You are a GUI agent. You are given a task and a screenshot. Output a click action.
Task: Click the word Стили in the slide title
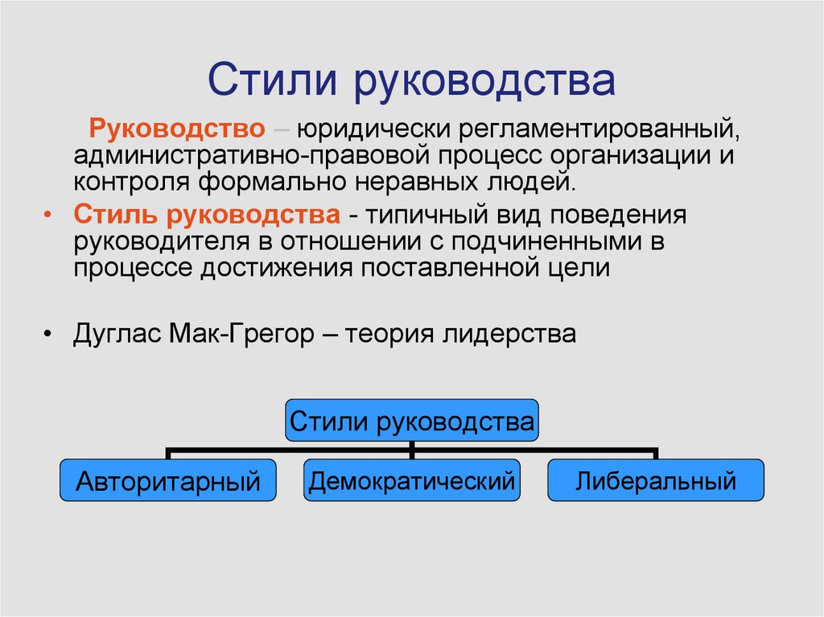coord(272,80)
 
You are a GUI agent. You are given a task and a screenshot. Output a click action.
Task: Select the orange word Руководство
coord(177,129)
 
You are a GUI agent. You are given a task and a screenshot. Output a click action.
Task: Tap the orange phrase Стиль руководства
coord(207,215)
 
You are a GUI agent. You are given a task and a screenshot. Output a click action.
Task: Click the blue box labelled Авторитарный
coord(167,480)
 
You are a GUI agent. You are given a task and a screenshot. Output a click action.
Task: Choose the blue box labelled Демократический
coord(412,480)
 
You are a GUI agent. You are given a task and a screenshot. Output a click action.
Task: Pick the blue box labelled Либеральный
coord(656,480)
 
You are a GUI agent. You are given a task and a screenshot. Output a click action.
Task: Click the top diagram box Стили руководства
coord(412,421)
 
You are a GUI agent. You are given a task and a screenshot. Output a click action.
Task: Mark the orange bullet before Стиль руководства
coord(47,215)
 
